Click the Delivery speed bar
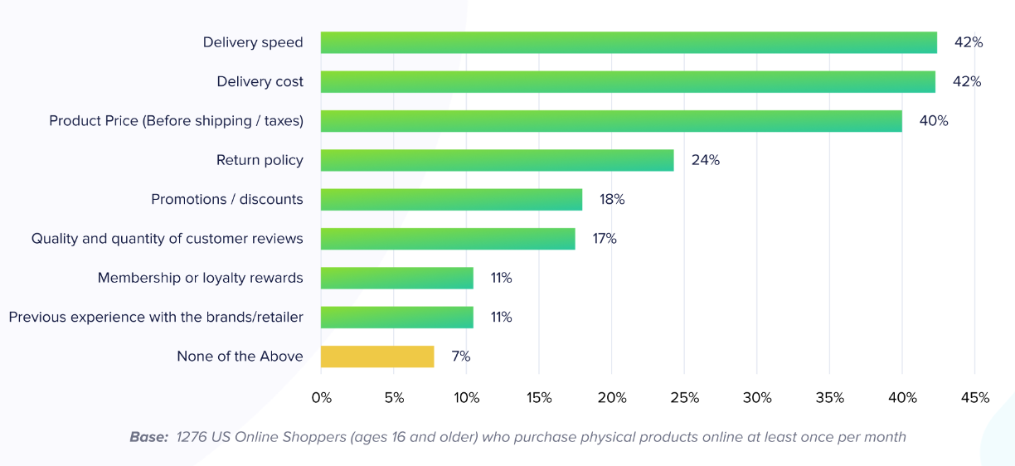(629, 42)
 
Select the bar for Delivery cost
(628, 81)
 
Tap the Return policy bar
(497, 160)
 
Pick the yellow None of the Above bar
(377, 357)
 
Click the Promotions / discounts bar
(451, 200)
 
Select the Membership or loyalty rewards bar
(397, 278)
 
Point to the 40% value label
(933, 121)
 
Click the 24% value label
(705, 160)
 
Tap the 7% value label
(460, 357)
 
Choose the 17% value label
(604, 239)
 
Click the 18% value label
(612, 200)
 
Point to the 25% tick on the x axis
(684, 398)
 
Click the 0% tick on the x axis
(321, 398)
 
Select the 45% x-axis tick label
(974, 398)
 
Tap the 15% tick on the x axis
(539, 398)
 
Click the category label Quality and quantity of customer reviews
(168, 239)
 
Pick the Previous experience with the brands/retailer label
(156, 317)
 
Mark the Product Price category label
(176, 121)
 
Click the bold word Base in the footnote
(148, 437)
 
